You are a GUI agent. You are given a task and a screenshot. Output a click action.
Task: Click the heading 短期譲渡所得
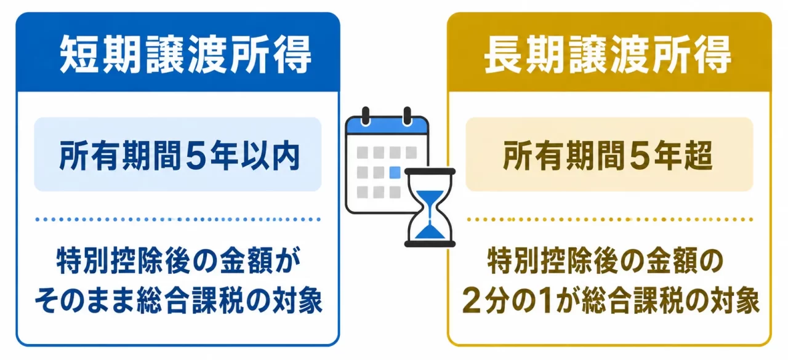click(185, 55)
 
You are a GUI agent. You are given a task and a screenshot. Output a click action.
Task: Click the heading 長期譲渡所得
click(608, 55)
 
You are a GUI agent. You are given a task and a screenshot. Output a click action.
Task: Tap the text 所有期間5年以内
click(179, 155)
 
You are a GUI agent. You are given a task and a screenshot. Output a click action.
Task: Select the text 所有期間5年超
click(608, 155)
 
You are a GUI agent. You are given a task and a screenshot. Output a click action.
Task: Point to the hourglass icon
click(430, 207)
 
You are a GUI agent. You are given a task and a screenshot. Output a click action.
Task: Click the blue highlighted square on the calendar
click(395, 173)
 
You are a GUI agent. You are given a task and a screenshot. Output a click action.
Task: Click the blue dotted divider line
click(178, 219)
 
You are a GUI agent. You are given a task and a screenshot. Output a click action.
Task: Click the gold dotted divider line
click(610, 219)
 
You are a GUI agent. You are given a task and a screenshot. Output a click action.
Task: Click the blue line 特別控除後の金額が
click(179, 261)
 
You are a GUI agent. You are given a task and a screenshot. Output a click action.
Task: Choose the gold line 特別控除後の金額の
click(606, 261)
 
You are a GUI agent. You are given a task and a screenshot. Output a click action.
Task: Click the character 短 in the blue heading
click(79, 55)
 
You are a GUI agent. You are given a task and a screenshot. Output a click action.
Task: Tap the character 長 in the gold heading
click(504, 55)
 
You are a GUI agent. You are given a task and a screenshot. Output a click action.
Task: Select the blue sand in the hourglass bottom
click(430, 233)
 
